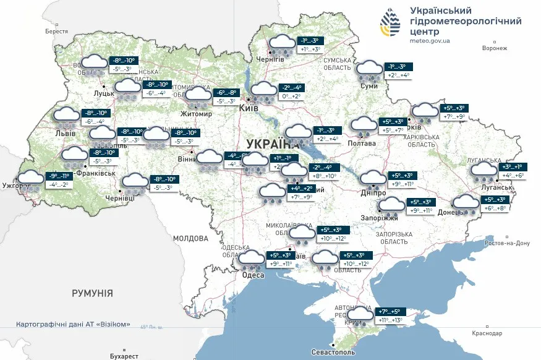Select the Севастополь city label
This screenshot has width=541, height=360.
click(333, 352)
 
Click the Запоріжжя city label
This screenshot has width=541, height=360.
click(379, 218)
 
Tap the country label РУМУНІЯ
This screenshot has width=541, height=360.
click(92, 293)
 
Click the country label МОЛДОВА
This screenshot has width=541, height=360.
click(190, 238)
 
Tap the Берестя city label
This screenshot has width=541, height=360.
click(56, 31)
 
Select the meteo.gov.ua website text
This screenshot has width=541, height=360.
click(430, 40)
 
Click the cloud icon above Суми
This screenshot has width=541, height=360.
click(370, 69)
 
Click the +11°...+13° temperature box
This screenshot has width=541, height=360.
click(389, 320)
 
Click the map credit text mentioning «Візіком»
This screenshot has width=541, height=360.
click(73, 325)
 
